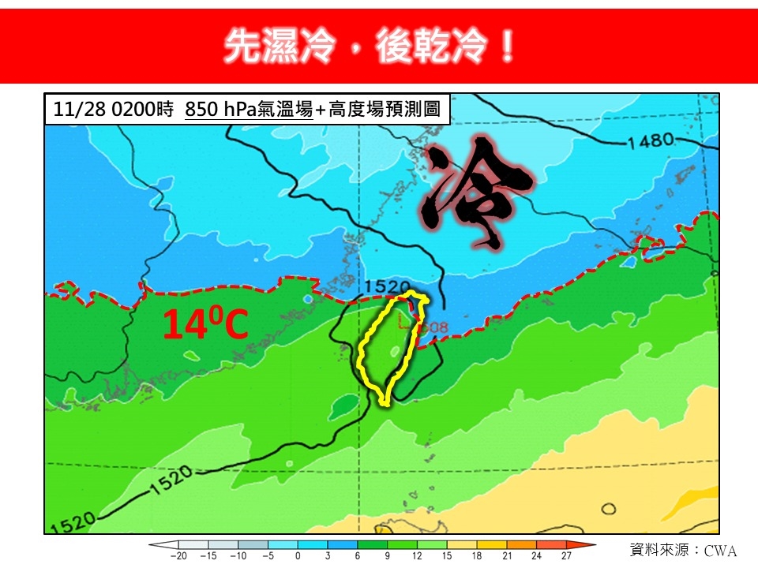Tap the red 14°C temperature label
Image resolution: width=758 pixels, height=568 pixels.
point(205,324)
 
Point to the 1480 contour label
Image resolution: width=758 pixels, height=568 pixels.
point(652,141)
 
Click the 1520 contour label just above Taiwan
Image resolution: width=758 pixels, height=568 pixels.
point(388,286)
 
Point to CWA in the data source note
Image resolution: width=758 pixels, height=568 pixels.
point(720,550)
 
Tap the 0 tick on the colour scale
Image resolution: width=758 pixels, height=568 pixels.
point(298,556)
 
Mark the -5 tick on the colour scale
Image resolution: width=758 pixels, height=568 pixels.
point(268,556)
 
